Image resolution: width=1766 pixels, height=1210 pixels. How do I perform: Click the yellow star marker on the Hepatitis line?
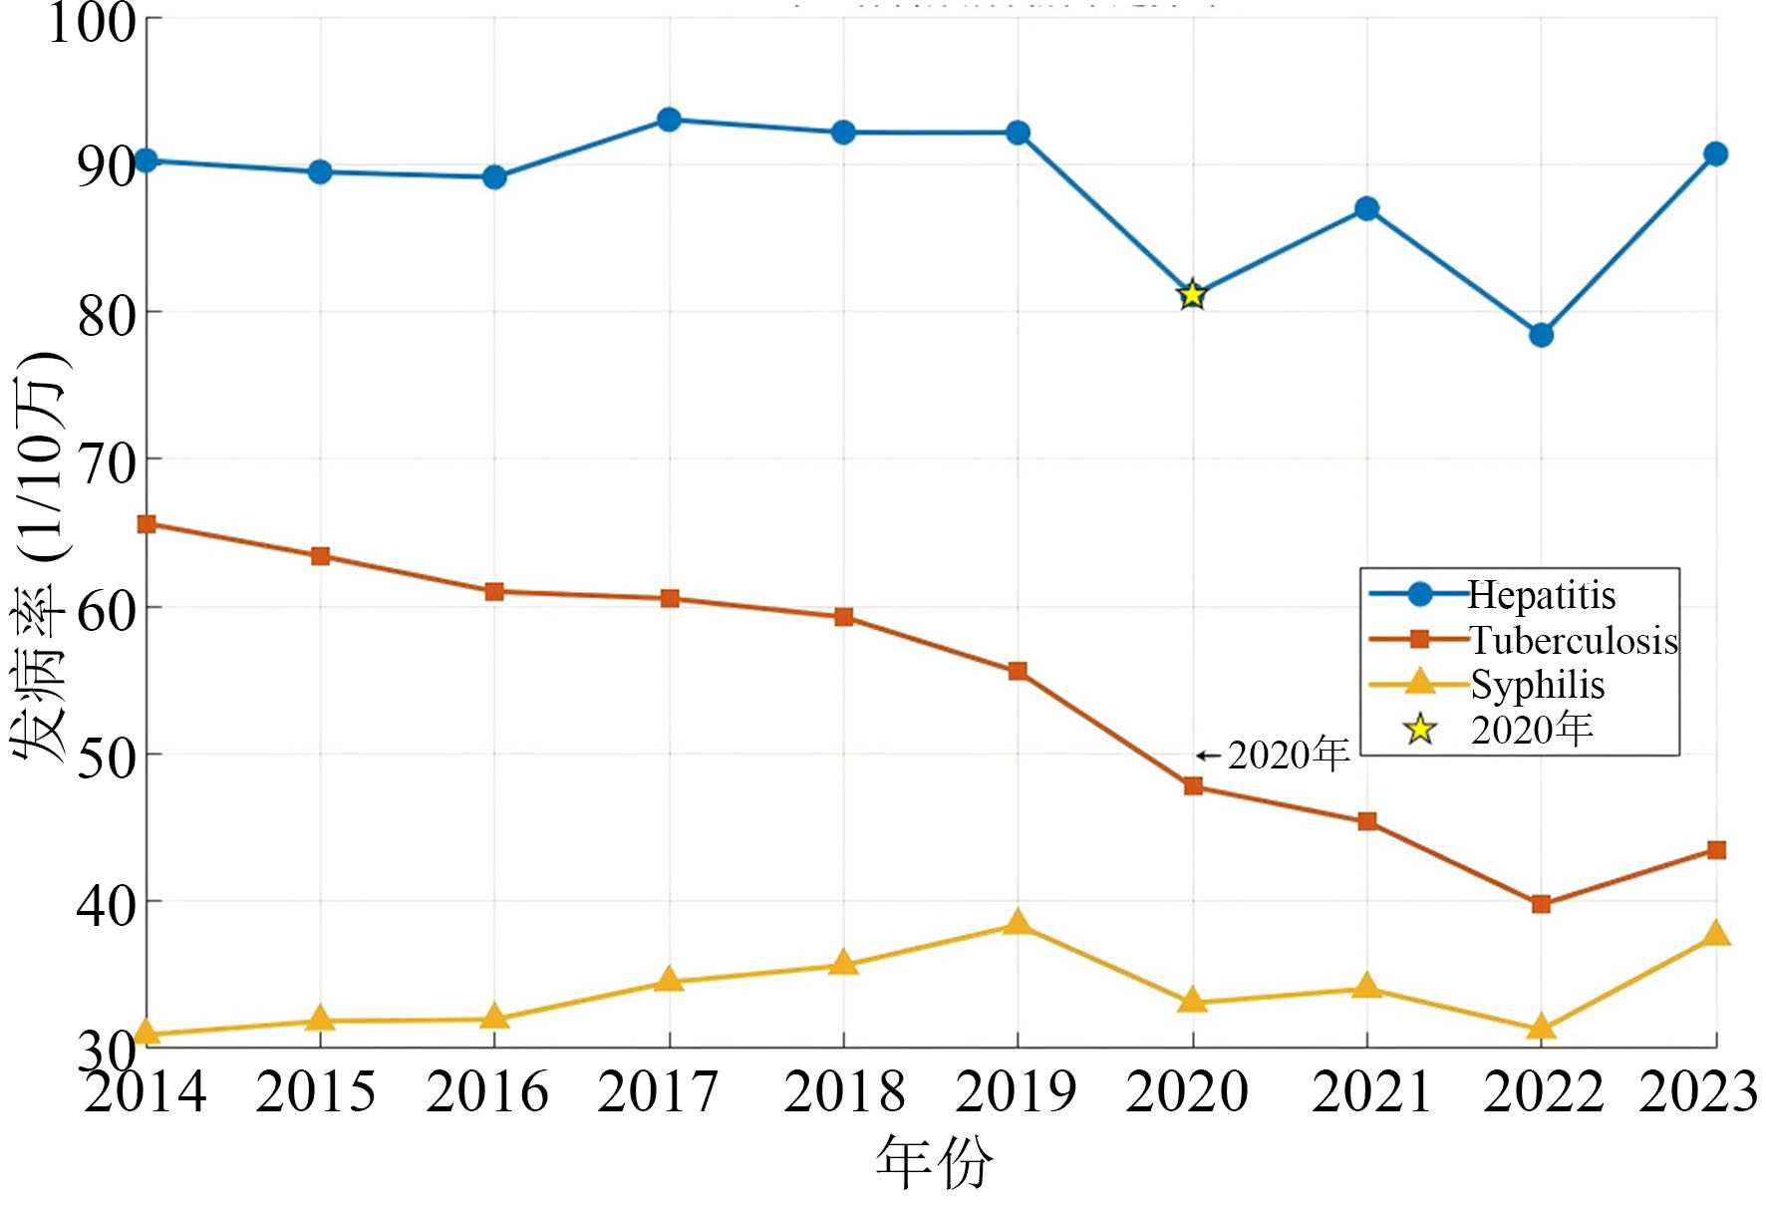click(1192, 295)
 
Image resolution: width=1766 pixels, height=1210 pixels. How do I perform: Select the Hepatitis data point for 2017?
click(669, 121)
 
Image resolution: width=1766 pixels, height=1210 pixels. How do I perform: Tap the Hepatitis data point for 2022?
click(1541, 335)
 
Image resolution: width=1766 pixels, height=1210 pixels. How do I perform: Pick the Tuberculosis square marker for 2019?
click(1018, 672)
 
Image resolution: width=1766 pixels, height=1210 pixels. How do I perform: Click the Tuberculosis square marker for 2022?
click(1541, 904)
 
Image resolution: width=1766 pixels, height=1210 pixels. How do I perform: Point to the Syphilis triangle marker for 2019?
click(1018, 923)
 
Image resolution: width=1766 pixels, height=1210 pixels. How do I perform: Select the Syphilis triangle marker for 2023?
click(1716, 934)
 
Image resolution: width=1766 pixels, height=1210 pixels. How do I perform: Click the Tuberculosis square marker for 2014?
click(147, 524)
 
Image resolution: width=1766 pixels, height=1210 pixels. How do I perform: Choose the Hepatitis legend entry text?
click(1541, 595)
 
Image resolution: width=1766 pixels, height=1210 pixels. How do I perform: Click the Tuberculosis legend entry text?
click(1574, 640)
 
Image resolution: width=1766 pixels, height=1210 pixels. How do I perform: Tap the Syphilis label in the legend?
click(1537, 685)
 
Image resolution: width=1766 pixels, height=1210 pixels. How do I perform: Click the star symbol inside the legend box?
click(1419, 730)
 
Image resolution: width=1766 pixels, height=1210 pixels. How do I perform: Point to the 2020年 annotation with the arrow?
click(1276, 756)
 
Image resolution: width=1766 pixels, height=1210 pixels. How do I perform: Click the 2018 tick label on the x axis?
click(843, 1092)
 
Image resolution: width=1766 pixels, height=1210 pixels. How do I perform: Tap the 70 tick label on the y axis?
click(107, 459)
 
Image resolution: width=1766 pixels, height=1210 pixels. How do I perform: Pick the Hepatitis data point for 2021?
click(1366, 209)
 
